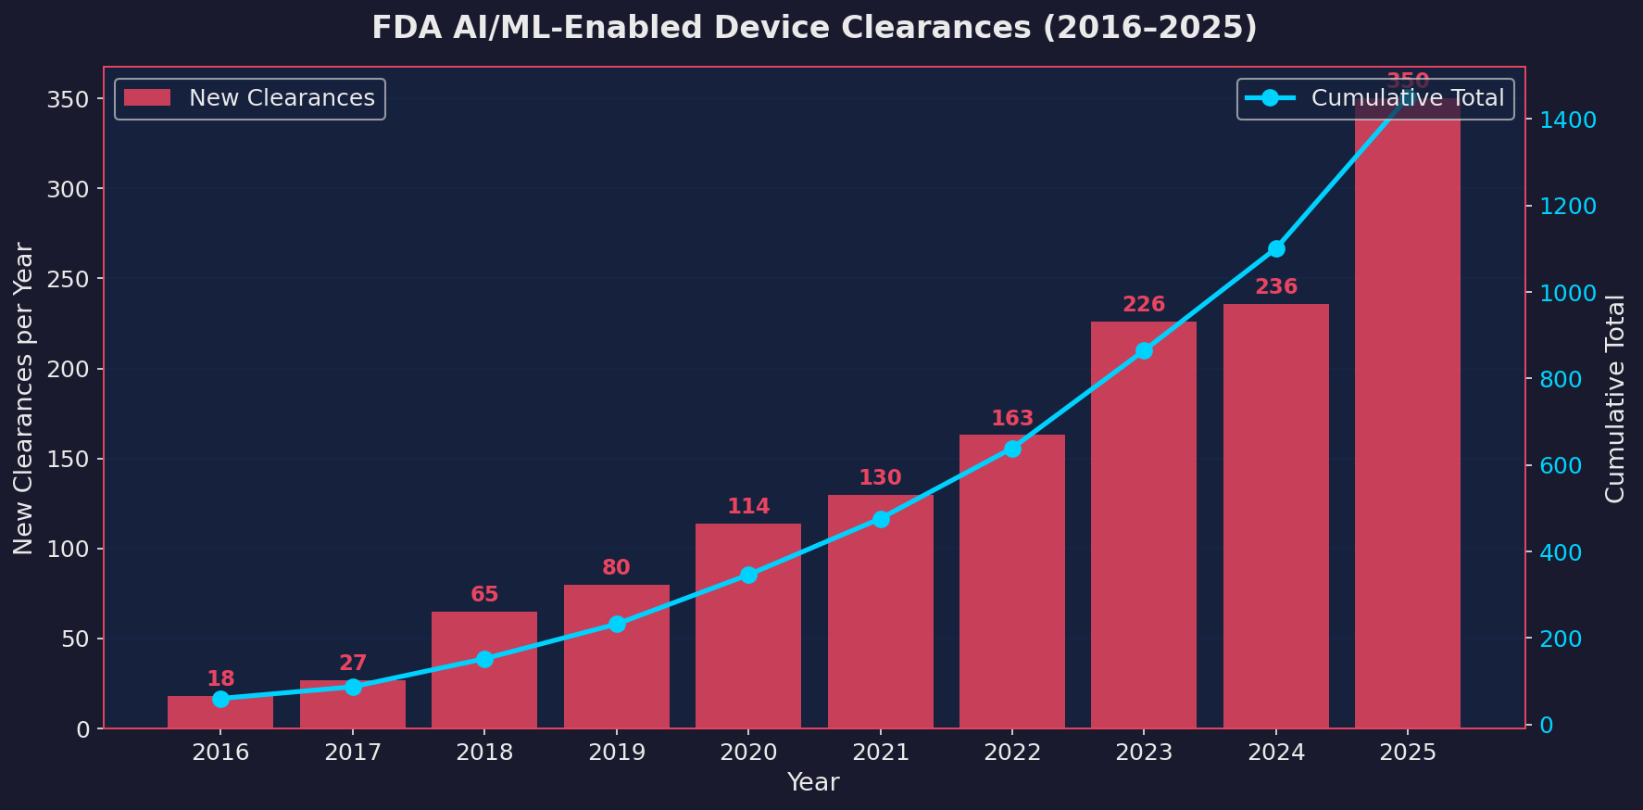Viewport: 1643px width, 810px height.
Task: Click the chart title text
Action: pyautogui.click(x=814, y=28)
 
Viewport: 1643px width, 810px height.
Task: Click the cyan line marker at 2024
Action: pyautogui.click(x=1275, y=248)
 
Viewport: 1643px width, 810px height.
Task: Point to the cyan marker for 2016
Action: pyautogui.click(x=220, y=699)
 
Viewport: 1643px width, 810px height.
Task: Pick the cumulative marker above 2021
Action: pyautogui.click(x=880, y=519)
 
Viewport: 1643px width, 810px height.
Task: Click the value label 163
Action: pyautogui.click(x=1011, y=419)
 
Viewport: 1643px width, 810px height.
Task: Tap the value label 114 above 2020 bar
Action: pyautogui.click(x=747, y=507)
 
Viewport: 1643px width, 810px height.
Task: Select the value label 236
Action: pyautogui.click(x=1275, y=287)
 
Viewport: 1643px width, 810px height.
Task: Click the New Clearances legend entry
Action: pyautogui.click(x=250, y=98)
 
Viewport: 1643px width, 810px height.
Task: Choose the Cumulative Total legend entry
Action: pyautogui.click(x=1376, y=98)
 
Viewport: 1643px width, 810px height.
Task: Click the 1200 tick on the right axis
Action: pyautogui.click(x=1568, y=207)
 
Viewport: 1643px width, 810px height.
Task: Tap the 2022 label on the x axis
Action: pyautogui.click(x=1011, y=753)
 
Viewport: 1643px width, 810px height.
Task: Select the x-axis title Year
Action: pyautogui.click(x=812, y=782)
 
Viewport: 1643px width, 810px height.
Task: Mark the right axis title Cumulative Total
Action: pyautogui.click(x=1615, y=399)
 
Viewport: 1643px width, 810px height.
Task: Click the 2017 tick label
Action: pyautogui.click(x=352, y=753)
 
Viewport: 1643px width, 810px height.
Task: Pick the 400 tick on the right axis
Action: pyautogui.click(x=1561, y=552)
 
